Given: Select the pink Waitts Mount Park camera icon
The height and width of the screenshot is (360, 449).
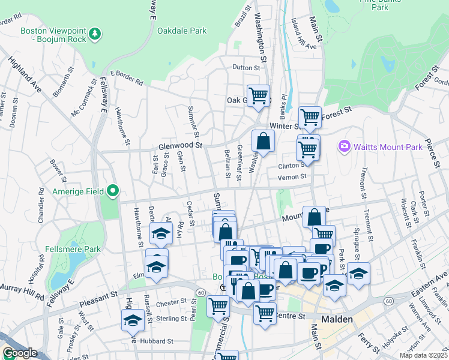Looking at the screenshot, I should pyautogui.click(x=344, y=146).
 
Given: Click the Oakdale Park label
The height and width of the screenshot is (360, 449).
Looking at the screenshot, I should pyautogui.click(x=181, y=31).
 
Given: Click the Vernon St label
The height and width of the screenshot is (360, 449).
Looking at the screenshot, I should pyautogui.click(x=292, y=176).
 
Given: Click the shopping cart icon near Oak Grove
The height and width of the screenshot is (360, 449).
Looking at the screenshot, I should pyautogui.click(x=258, y=95).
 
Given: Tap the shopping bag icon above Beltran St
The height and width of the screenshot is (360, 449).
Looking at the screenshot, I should pyautogui.click(x=263, y=142).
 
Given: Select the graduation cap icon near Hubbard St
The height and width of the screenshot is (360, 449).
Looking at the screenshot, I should pyautogui.click(x=132, y=320).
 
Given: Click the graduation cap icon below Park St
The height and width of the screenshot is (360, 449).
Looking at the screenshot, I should pyautogui.click(x=358, y=273).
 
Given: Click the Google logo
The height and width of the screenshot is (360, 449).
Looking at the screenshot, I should pyautogui.click(x=19, y=353).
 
